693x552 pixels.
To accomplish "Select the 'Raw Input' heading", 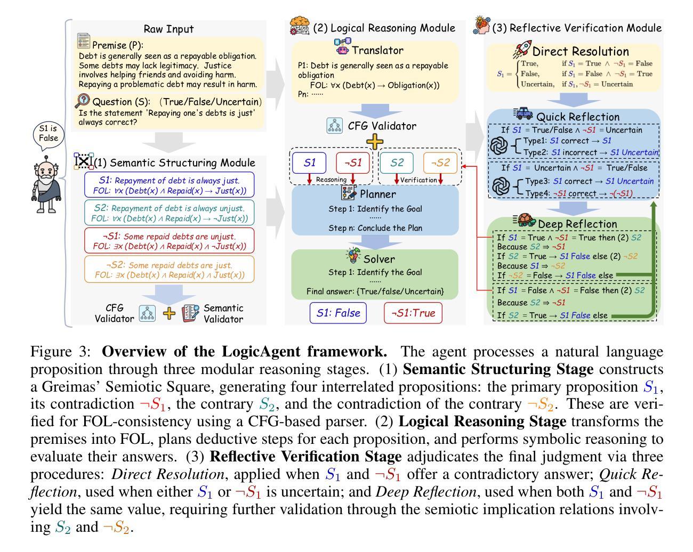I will pyautogui.click(x=168, y=29).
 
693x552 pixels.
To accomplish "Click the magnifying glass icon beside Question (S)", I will pyautogui.click(x=84, y=101).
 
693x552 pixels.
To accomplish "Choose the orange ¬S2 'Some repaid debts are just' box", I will pyautogui.click(x=169, y=270).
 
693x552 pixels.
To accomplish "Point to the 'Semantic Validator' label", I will pyautogui.click(x=223, y=314).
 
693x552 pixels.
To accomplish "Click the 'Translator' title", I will pyautogui.click(x=377, y=51).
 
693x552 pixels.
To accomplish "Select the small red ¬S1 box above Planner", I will pyautogui.click(x=352, y=163).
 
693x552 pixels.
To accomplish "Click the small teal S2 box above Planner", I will pyautogui.click(x=397, y=163).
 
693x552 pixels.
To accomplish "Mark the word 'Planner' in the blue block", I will pyautogui.click(x=377, y=194).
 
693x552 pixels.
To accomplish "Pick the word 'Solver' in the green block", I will pyautogui.click(x=379, y=259).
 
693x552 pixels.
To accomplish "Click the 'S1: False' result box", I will pyautogui.click(x=338, y=313).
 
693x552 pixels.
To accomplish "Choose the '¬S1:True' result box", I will pyautogui.click(x=413, y=313).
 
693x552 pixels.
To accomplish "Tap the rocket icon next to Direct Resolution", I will pyautogui.click(x=521, y=50).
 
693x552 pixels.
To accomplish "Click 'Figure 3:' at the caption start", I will pyautogui.click(x=61, y=352).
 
